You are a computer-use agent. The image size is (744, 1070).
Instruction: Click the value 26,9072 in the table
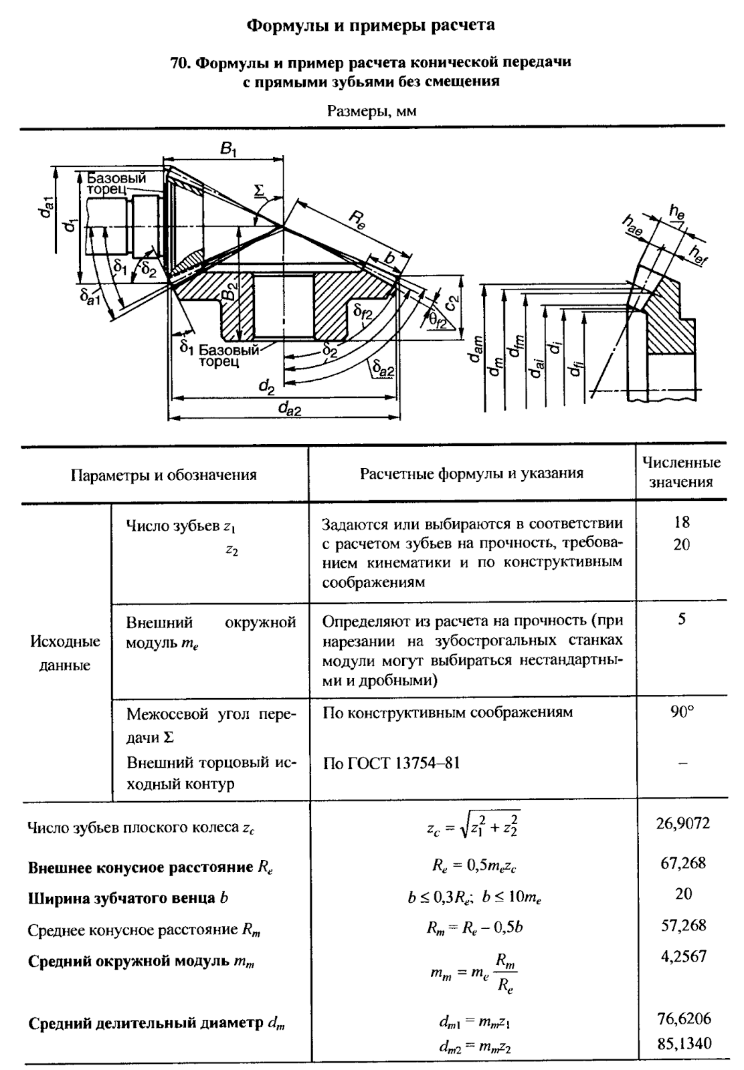click(x=682, y=823)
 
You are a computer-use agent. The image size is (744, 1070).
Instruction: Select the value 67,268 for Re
click(x=682, y=863)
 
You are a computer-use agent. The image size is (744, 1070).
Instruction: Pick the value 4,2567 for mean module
click(x=683, y=956)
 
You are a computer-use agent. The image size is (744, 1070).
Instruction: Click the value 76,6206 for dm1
click(x=683, y=1019)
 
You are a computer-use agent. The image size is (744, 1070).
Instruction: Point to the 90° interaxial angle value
click(x=682, y=712)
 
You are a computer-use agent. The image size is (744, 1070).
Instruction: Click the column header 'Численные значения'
click(x=681, y=472)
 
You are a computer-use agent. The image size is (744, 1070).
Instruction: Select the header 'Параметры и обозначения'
click(x=164, y=475)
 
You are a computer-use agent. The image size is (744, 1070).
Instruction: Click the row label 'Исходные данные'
click(x=66, y=653)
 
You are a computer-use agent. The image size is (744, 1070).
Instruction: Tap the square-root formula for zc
click(x=473, y=827)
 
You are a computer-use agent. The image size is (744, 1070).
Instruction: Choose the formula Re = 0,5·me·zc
click(x=474, y=867)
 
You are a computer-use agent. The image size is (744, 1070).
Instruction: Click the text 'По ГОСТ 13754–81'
click(x=391, y=763)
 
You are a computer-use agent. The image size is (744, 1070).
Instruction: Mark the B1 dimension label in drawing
click(x=228, y=150)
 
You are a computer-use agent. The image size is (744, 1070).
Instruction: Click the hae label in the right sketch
click(x=630, y=225)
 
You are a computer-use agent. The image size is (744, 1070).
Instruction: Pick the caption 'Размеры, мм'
click(x=371, y=111)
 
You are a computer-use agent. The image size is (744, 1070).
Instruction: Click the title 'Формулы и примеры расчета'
click(x=371, y=25)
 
